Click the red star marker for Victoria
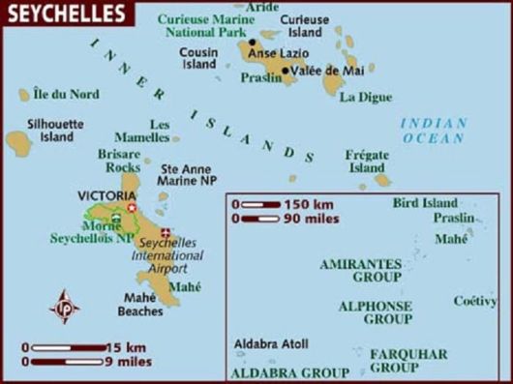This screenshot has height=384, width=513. [x=132, y=207]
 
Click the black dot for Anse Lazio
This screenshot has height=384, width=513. [x=253, y=42]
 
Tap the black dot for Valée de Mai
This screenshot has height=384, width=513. [x=285, y=70]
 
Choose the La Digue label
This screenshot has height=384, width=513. [x=363, y=97]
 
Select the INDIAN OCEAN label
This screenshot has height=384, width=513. [x=433, y=131]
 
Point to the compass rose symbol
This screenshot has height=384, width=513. [x=66, y=307]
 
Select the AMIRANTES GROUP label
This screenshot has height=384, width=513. [x=360, y=269]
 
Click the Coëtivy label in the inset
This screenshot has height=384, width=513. [x=475, y=301]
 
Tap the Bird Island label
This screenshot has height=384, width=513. [x=424, y=203]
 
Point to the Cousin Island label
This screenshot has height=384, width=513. [x=200, y=57]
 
